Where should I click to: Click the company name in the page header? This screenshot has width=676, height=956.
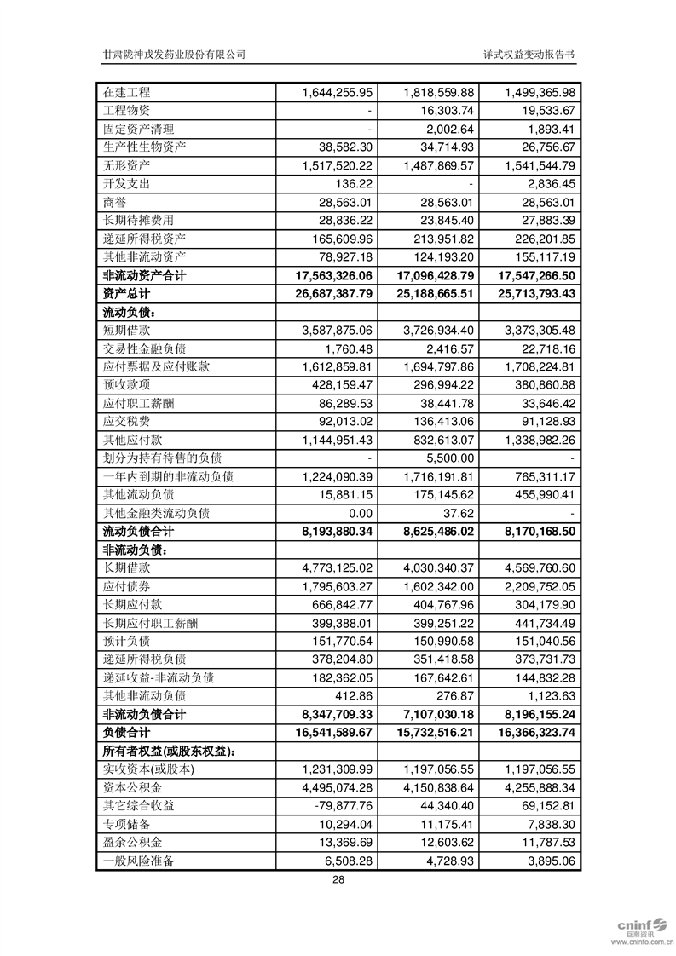[174, 54]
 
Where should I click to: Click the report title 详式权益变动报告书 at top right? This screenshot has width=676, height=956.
[529, 54]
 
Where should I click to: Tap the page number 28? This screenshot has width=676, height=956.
[338, 881]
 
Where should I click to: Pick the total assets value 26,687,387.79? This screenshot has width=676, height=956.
[326, 294]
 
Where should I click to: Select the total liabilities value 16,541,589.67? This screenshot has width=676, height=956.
[326, 733]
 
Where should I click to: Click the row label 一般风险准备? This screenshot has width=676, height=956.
[138, 861]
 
